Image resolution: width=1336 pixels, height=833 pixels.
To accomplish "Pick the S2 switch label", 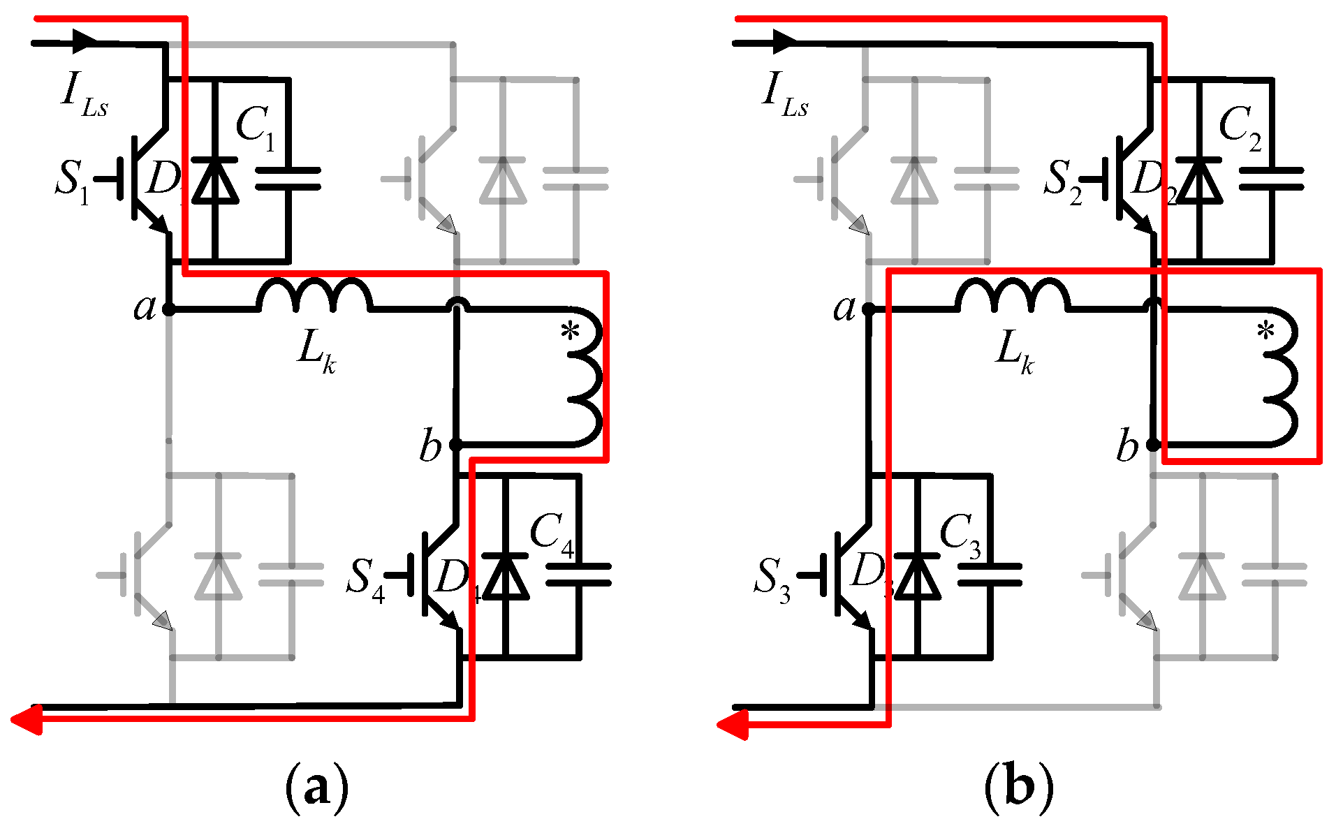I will (x=1062, y=180).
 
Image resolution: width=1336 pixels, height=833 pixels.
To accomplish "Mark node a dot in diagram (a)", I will (x=168, y=309).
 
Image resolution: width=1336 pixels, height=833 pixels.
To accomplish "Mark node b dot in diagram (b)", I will (x=1153, y=444).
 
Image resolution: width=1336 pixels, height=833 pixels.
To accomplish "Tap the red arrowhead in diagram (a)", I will (x=27, y=719).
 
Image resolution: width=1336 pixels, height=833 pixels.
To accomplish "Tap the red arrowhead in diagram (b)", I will (x=732, y=725).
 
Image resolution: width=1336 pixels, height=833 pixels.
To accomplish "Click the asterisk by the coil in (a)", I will (x=570, y=332).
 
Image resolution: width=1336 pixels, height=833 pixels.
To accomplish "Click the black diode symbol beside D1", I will (x=214, y=180).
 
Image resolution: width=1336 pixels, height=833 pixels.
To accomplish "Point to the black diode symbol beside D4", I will (x=505, y=577).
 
